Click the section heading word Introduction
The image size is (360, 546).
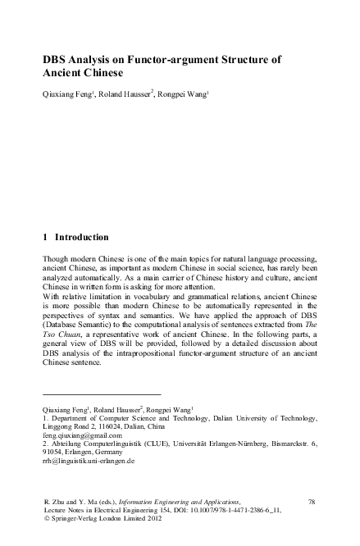pyautogui.click(x=81, y=238)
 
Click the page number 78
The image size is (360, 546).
pyautogui.click(x=311, y=499)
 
